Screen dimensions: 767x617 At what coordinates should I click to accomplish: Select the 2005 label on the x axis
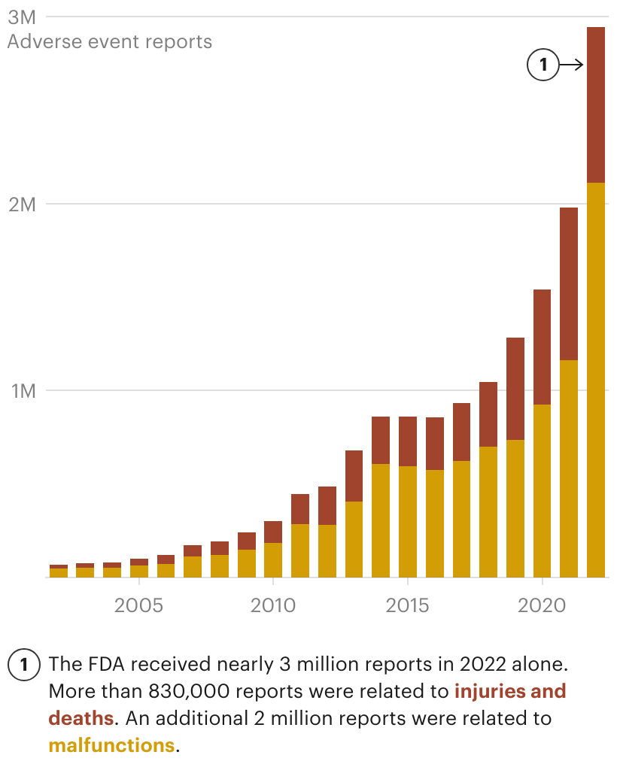[x=138, y=605]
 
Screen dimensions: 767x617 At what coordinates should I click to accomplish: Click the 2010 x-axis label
[x=273, y=605]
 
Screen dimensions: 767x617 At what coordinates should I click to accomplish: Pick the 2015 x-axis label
[x=407, y=605]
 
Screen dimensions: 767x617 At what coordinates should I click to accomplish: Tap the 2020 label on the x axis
[x=542, y=605]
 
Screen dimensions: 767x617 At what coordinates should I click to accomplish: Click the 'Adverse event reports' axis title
[x=110, y=41]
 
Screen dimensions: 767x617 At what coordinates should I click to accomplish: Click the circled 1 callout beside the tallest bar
[x=543, y=65]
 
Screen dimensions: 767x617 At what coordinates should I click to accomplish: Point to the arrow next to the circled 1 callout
[x=572, y=65]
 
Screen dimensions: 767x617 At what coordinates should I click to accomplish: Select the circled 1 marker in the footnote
[x=24, y=665]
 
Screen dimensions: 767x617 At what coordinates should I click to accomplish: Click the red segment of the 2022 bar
[x=596, y=105]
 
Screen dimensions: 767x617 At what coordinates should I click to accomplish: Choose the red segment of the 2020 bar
[x=542, y=347]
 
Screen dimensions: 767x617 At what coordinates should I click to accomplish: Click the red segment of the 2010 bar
[x=273, y=532]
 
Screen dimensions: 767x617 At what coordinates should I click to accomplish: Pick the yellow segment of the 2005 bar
[x=138, y=571]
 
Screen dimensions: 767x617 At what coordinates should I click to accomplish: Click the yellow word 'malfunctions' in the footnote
[x=111, y=746]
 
